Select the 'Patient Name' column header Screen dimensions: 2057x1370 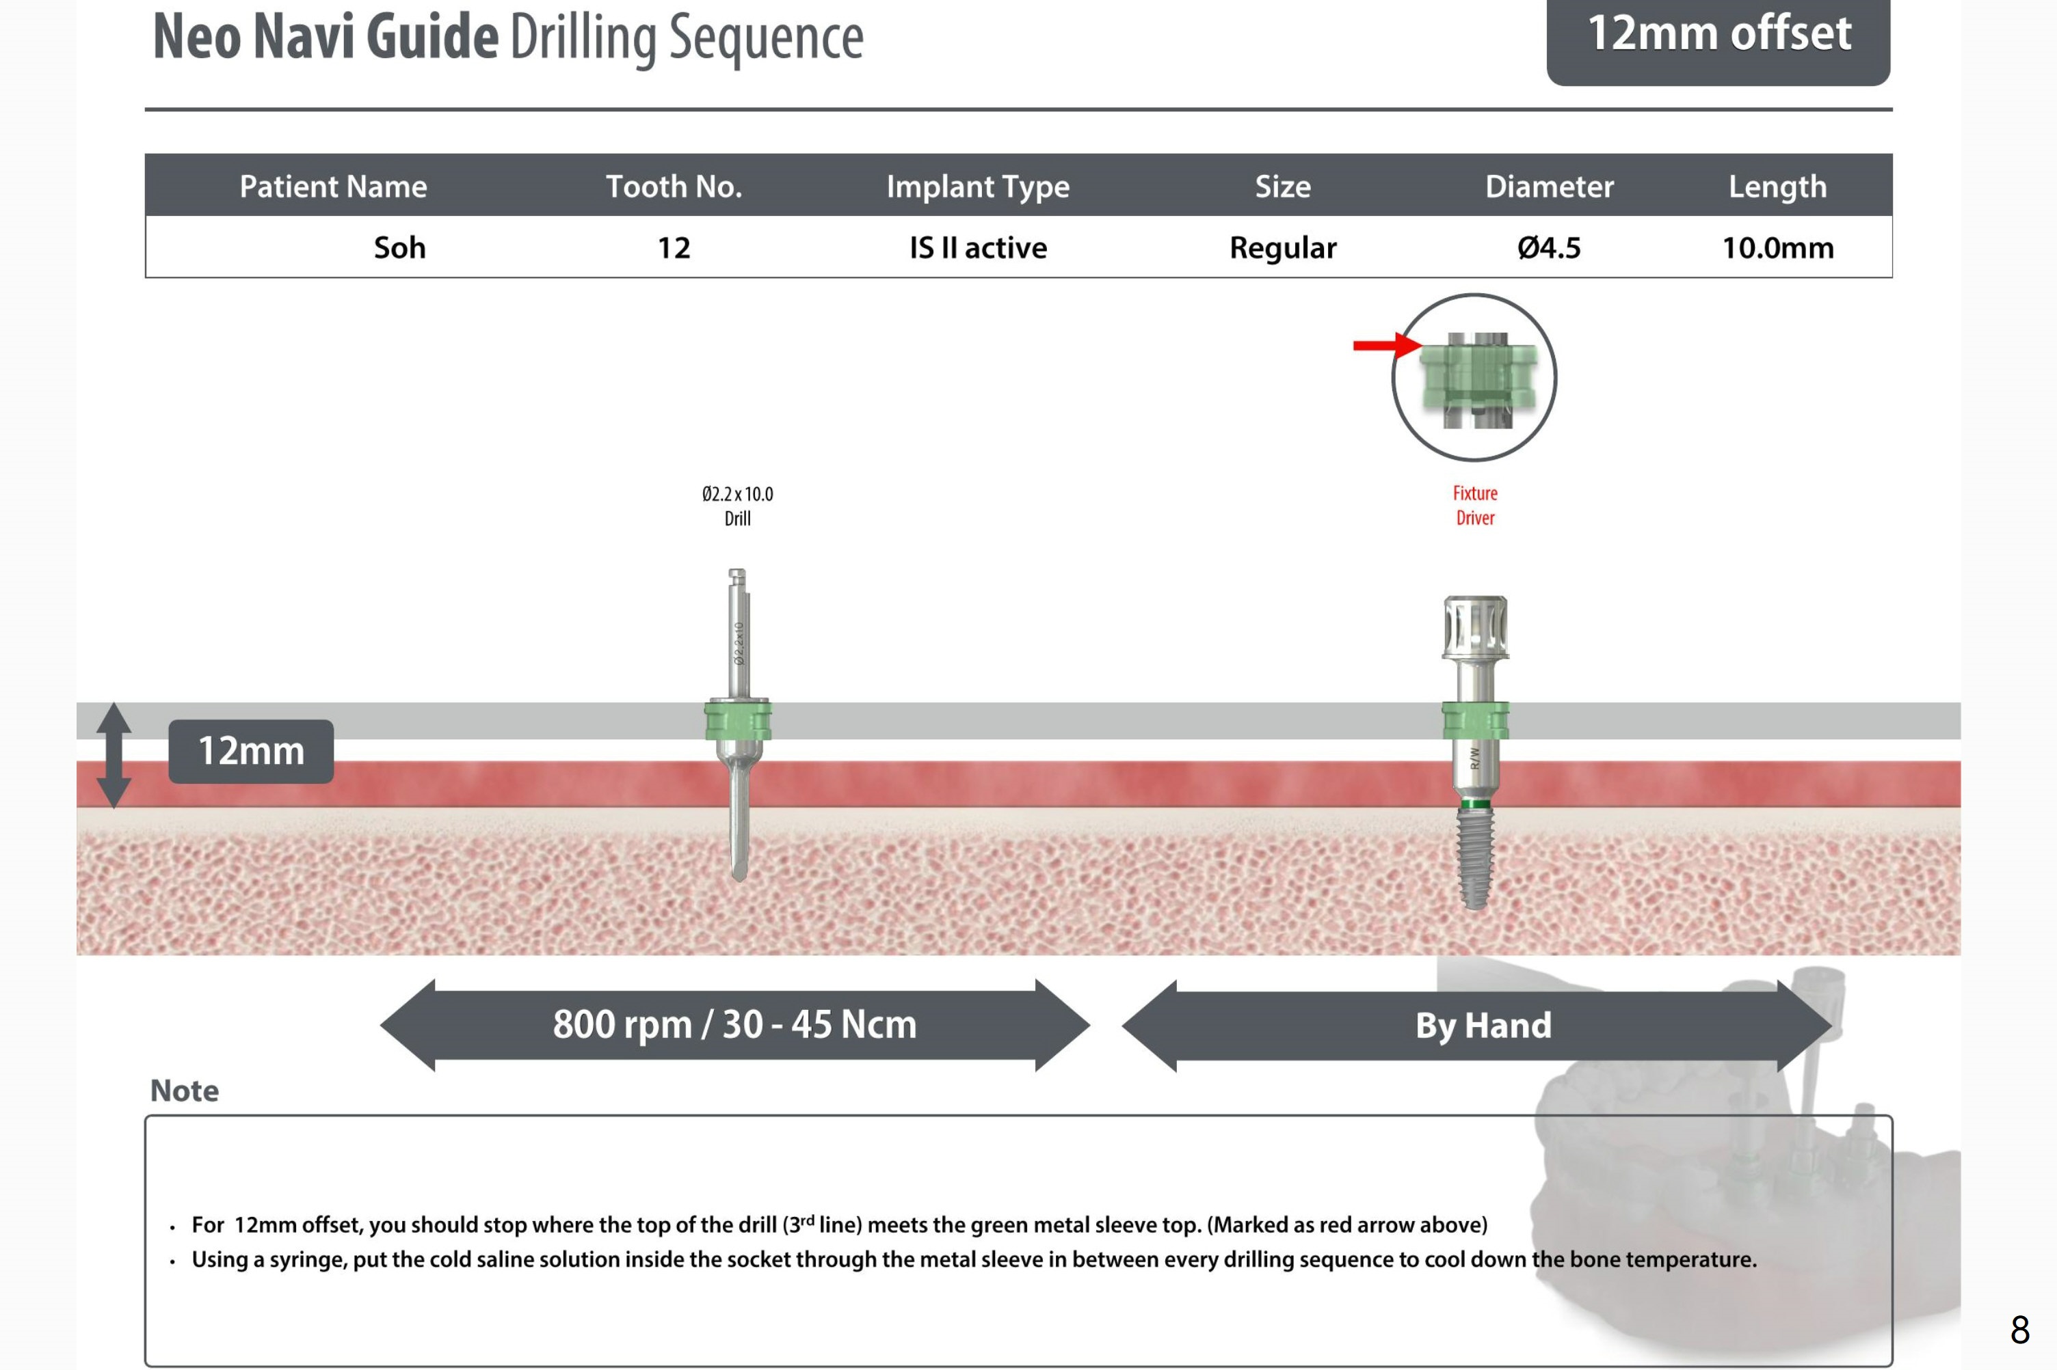tap(333, 186)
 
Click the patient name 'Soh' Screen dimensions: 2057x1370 tap(399, 247)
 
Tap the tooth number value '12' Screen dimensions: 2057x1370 tap(674, 247)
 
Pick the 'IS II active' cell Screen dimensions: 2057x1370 tap(978, 247)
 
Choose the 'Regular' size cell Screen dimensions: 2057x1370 tap(1282, 248)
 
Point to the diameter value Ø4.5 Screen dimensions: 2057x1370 tap(1549, 247)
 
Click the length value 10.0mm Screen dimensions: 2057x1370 tap(1777, 247)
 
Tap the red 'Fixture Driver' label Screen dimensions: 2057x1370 tap(1475, 505)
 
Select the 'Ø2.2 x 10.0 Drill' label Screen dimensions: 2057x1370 tap(737, 506)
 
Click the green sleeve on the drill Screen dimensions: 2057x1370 tap(738, 720)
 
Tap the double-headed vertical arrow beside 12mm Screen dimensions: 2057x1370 tap(114, 755)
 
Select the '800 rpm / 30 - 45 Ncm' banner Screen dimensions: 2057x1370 tap(735, 1025)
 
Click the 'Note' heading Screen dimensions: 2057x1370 tap(185, 1091)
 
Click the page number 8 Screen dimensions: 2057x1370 tap(2019, 1330)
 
